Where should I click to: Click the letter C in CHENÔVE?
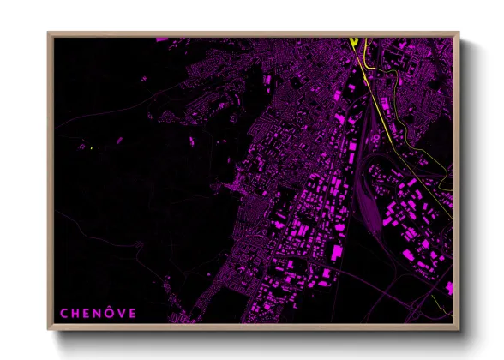click(63, 313)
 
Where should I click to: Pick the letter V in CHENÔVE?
click(122, 313)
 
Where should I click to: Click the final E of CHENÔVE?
click(133, 313)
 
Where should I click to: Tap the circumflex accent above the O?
click(110, 307)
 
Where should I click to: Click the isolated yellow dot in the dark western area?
click(90, 149)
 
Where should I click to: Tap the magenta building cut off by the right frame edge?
click(450, 287)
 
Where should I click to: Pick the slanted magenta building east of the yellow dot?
click(118, 140)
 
